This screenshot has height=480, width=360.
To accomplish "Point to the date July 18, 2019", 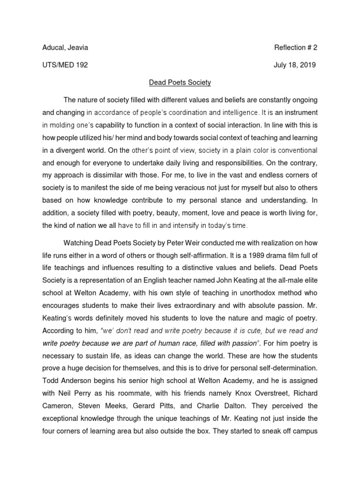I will point(295,65).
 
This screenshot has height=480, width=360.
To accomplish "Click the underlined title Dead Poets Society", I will point(180,82).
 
